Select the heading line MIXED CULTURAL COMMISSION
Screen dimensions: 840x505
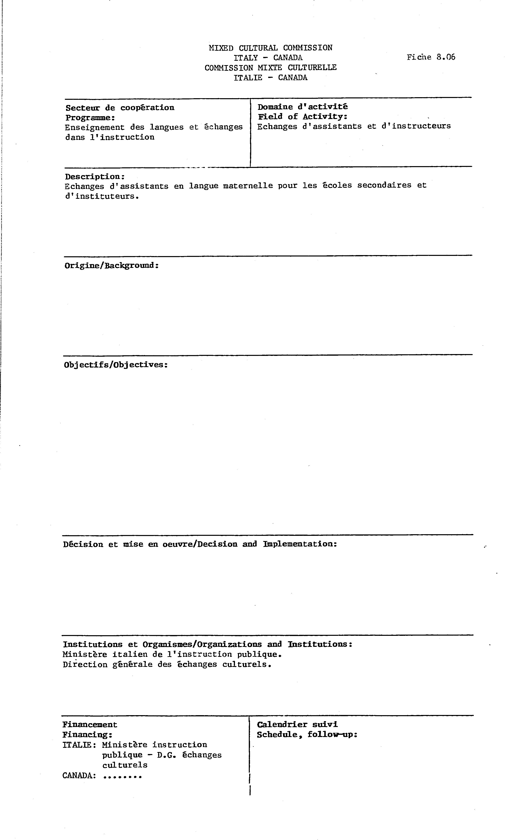tap(271, 48)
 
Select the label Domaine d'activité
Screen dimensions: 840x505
tap(302, 107)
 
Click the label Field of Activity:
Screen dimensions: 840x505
tap(302, 116)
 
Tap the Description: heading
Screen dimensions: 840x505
tap(95, 177)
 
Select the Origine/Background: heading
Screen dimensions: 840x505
tap(112, 266)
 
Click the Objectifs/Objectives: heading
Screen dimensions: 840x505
tap(116, 365)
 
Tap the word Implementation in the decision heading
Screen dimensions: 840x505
tap(299, 544)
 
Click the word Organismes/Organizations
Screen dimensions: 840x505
tap(202, 644)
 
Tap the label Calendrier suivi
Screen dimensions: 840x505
tap(297, 725)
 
